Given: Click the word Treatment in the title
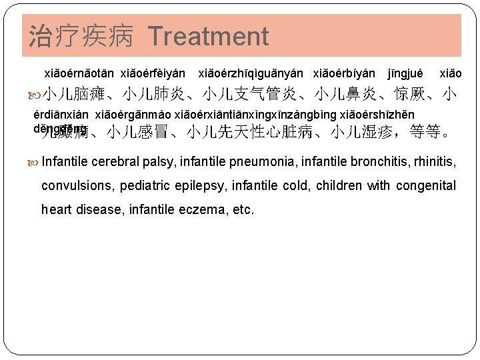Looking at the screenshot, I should coord(208,36).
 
